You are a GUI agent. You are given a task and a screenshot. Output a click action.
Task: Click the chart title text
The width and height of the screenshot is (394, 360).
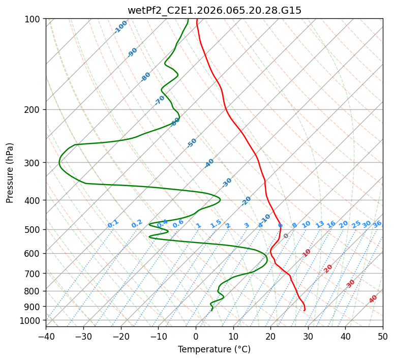click(x=214, y=10)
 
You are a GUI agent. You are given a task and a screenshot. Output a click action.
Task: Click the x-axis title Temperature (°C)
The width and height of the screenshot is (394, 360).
click(x=214, y=350)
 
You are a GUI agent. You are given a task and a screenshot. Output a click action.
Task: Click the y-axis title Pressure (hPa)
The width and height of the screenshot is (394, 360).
click(x=10, y=173)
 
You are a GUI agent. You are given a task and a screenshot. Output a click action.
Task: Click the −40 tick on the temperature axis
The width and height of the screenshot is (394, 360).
click(x=46, y=336)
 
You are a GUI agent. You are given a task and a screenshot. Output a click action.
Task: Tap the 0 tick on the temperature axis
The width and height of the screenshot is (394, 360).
click(x=196, y=336)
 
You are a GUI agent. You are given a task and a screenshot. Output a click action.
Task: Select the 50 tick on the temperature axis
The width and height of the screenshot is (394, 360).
click(x=383, y=336)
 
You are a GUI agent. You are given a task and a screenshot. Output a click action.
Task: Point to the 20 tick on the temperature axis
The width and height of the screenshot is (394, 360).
click(x=270, y=336)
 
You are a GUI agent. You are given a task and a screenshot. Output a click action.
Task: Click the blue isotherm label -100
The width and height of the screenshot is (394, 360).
click(x=121, y=27)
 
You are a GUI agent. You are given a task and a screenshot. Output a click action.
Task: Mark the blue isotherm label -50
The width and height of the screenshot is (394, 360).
click(x=192, y=143)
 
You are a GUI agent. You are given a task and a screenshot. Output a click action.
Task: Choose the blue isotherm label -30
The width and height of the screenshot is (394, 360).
click(x=227, y=183)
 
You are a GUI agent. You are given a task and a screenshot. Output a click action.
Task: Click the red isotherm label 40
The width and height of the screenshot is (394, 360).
click(x=373, y=299)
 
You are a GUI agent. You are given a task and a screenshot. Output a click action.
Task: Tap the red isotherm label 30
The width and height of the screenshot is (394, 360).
click(x=351, y=284)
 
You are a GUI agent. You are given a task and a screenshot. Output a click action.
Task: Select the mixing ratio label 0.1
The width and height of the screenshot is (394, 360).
click(x=113, y=224)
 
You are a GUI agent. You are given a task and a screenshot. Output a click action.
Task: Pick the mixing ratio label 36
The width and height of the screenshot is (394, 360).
click(x=377, y=224)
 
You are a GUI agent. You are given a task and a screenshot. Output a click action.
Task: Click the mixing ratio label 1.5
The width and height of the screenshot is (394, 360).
click(x=216, y=224)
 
